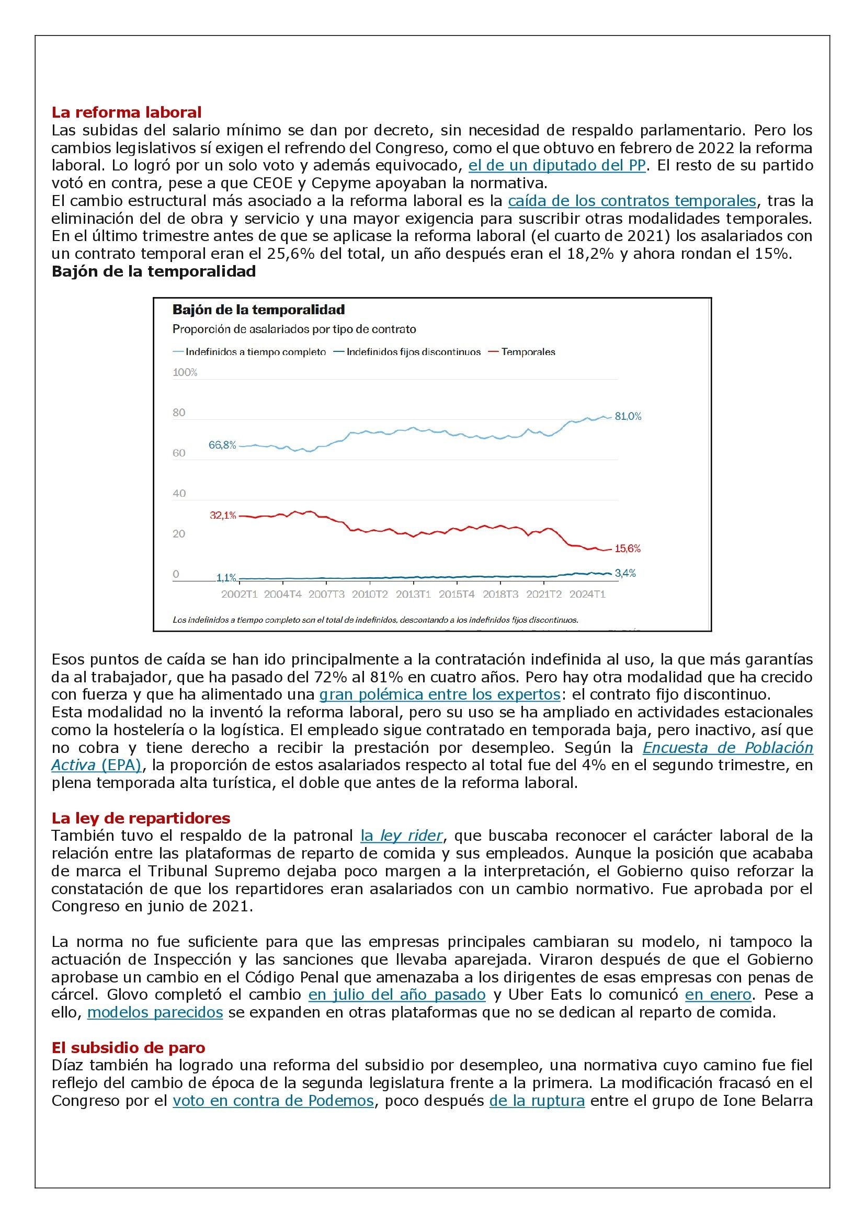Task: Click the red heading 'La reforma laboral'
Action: (x=126, y=112)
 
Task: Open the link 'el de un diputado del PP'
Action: (x=556, y=165)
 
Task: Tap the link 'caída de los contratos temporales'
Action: (x=632, y=201)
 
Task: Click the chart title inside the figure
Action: (x=258, y=310)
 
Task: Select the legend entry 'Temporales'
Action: (x=528, y=352)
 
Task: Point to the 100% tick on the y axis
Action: (x=185, y=372)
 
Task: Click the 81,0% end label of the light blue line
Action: (x=628, y=417)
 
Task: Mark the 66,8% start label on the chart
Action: (x=222, y=445)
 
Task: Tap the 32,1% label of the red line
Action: (x=223, y=516)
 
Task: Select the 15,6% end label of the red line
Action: (x=628, y=548)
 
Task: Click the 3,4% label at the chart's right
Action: (x=625, y=574)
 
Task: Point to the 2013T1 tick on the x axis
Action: (x=413, y=595)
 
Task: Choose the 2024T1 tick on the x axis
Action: (x=587, y=595)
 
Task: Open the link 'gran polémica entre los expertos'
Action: (x=439, y=694)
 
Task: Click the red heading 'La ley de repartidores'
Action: (x=141, y=818)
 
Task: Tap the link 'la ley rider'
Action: (x=402, y=836)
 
